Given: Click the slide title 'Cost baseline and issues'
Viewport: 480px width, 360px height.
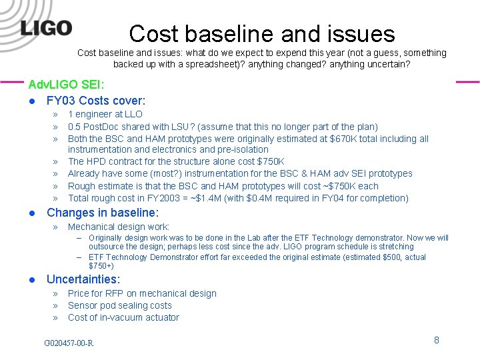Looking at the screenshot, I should pos(262,33).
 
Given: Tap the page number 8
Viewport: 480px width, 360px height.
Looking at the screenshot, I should pos(437,340).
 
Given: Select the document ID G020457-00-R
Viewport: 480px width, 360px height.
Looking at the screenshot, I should pos(69,343).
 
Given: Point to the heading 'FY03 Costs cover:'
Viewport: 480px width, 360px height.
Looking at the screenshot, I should pos(96,101).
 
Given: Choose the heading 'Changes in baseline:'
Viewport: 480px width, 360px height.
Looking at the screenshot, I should pos(103,213).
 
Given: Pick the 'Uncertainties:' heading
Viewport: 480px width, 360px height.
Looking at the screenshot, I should pos(83,279).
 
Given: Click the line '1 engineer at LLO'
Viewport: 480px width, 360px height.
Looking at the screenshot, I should pos(105,115).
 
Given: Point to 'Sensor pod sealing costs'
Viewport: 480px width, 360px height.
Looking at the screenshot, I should pos(120,305).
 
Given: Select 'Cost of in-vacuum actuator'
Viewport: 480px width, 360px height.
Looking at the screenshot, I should pos(123,317).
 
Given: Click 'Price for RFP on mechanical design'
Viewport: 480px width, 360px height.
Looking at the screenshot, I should pos(142,293).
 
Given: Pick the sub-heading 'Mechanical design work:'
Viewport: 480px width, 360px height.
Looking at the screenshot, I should pos(119,227).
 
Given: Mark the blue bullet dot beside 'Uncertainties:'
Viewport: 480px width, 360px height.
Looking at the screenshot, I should pos(31,280).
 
